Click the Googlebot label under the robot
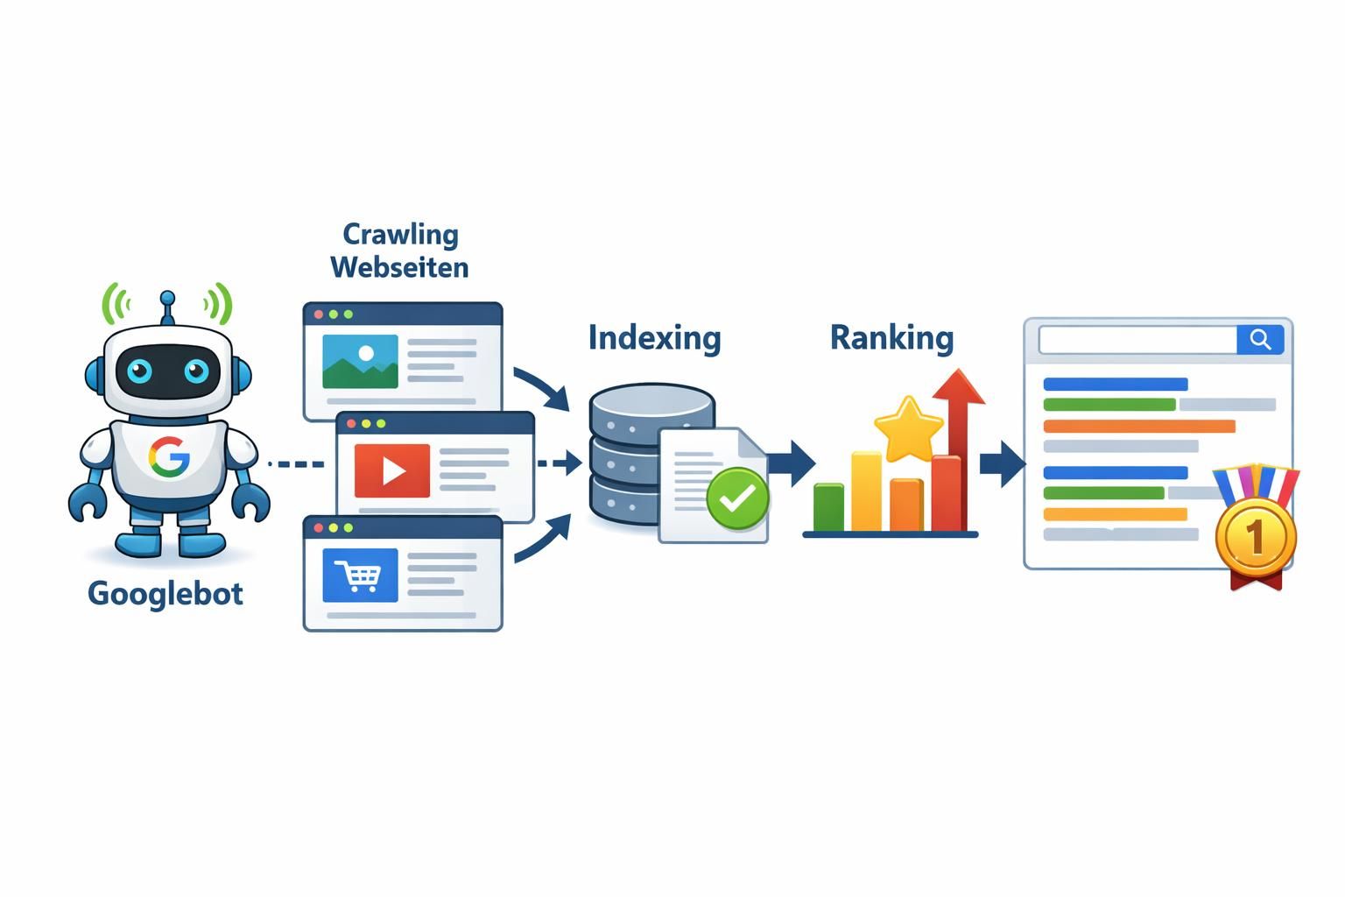(x=165, y=593)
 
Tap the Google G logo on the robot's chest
(x=169, y=457)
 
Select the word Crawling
(x=400, y=234)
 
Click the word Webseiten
(x=399, y=266)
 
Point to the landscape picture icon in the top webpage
(x=360, y=361)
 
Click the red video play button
(x=391, y=470)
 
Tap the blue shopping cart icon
(x=360, y=576)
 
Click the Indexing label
(x=654, y=337)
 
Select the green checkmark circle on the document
(x=737, y=498)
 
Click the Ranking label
(x=891, y=337)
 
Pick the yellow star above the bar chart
(x=909, y=428)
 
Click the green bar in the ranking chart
(x=828, y=507)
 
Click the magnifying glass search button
(x=1260, y=340)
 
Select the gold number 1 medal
(x=1255, y=536)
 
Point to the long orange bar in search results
(x=1138, y=427)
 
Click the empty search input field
(x=1137, y=340)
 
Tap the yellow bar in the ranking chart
(x=866, y=491)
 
